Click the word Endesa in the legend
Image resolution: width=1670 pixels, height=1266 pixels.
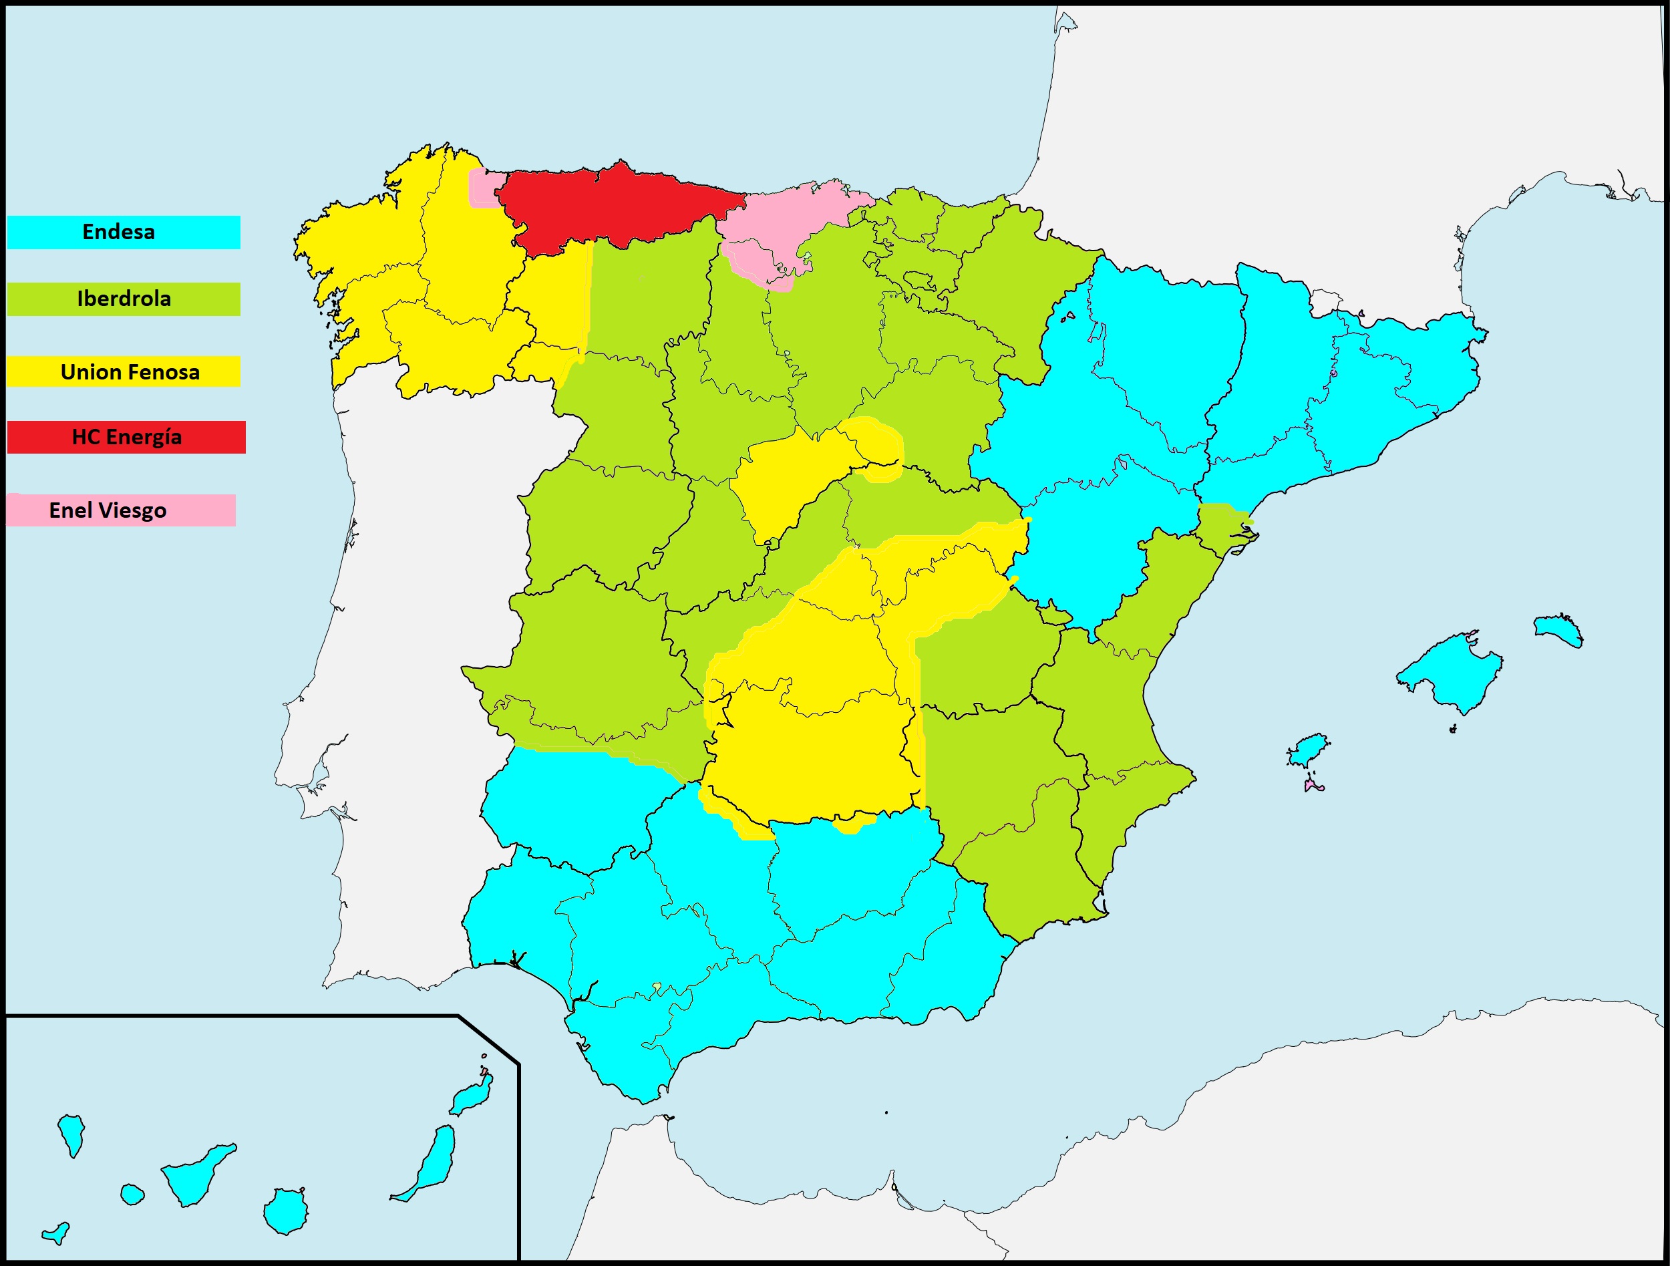point(118,232)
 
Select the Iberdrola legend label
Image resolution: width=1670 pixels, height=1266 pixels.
point(124,299)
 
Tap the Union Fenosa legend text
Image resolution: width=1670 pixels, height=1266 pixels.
point(130,372)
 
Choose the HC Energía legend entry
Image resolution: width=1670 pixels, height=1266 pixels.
point(127,437)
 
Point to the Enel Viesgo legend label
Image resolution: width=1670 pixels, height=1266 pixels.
point(108,510)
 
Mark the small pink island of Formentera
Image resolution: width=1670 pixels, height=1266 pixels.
point(1312,786)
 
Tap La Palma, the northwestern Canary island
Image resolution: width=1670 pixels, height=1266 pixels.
point(71,1133)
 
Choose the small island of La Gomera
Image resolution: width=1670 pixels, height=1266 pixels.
point(132,1195)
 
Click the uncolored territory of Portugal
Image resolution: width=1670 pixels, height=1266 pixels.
point(407,641)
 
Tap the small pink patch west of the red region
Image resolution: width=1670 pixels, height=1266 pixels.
point(483,187)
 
